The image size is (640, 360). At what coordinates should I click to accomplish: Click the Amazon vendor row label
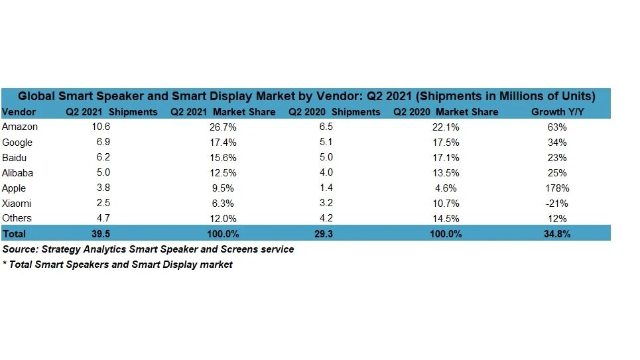[20, 127]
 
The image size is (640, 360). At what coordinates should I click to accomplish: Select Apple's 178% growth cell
[557, 188]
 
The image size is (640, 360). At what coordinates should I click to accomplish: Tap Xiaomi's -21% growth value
[557, 203]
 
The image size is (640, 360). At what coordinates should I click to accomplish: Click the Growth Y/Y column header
[557, 111]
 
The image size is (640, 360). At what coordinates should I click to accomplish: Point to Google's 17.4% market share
[222, 142]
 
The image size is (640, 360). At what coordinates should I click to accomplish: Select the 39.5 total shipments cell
[102, 233]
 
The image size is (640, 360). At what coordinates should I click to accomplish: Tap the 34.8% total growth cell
[557, 233]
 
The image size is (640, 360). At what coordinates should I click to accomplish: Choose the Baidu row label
[15, 157]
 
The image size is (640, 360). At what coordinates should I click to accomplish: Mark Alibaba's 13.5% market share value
[445, 172]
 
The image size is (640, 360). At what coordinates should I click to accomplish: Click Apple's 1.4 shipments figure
[326, 188]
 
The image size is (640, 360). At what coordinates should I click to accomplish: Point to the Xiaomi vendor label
[17, 203]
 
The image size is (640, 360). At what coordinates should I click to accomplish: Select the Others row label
[17, 218]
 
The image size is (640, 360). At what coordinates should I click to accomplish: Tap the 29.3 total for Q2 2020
[326, 233]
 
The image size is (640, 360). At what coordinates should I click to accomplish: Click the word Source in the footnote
[19, 249]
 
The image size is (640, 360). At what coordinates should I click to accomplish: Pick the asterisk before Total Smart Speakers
[4, 264]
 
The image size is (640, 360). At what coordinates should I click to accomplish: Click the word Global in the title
[35, 96]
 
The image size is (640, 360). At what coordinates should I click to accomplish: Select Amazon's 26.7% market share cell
[222, 127]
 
